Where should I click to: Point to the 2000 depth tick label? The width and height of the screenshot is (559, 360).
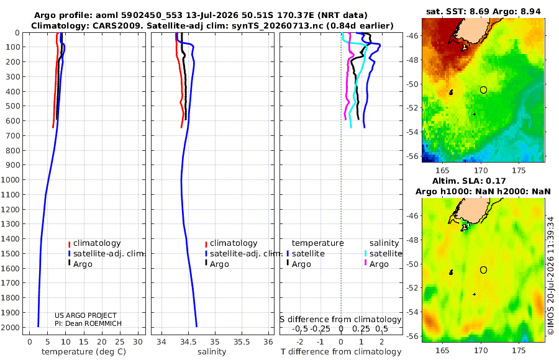[x=9, y=327]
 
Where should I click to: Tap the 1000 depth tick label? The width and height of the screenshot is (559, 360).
[x=9, y=179]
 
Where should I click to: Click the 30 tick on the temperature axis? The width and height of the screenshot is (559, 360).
[x=138, y=342]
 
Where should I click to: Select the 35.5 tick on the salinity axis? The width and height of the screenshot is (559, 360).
[x=242, y=342]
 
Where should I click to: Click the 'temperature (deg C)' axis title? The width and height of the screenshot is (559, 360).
[x=84, y=352]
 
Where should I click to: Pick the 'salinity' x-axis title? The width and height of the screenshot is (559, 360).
[x=212, y=352]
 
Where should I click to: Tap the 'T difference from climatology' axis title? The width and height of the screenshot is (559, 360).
[x=341, y=352]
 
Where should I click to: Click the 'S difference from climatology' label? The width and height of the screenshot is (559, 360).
[x=340, y=320]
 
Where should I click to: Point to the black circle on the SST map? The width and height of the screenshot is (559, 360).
[x=483, y=87]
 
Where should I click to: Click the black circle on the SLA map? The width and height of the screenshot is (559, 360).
[x=483, y=267]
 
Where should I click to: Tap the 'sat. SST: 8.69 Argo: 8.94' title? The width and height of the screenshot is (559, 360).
[x=483, y=11]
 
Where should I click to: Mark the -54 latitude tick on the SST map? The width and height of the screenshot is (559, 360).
[x=412, y=132]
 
